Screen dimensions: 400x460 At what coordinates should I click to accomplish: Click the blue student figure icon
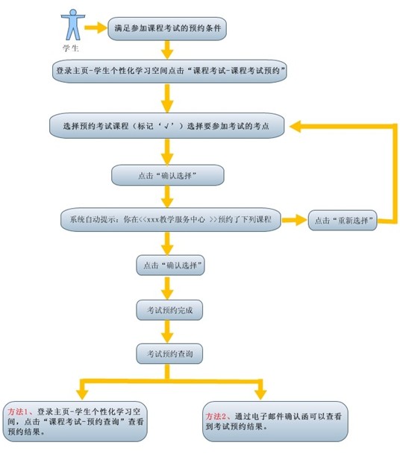tap(73, 25)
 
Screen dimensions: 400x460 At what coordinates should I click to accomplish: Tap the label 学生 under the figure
tap(71, 48)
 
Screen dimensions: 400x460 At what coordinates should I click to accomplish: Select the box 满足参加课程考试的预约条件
tap(167, 28)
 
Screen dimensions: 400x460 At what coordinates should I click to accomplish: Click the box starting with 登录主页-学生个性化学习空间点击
tap(169, 71)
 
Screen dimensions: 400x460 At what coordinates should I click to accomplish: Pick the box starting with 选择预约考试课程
tap(167, 126)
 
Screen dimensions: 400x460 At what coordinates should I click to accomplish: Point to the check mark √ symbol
tap(167, 126)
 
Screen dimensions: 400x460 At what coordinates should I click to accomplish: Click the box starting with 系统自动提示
tap(171, 220)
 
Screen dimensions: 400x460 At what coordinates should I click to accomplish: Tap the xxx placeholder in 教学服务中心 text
tap(153, 219)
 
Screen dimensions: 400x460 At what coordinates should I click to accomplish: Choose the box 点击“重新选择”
tap(343, 220)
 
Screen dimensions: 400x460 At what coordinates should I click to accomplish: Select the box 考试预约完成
tap(169, 310)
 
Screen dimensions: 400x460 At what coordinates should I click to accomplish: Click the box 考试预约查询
tap(169, 354)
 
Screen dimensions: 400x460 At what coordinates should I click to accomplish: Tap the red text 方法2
tap(215, 416)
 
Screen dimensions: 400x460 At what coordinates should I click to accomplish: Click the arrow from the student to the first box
tap(96, 28)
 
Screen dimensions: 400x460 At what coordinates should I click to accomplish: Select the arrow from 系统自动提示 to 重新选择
tap(294, 220)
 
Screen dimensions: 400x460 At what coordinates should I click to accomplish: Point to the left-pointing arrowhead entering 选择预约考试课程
tap(296, 126)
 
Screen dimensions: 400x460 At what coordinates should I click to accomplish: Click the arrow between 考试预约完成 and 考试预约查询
tap(167, 332)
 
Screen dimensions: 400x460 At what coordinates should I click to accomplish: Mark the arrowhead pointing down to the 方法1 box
tap(82, 394)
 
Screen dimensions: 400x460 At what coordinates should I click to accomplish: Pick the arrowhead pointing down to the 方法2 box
tap(260, 394)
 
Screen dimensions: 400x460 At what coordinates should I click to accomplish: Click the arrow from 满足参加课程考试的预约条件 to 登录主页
tap(167, 50)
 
